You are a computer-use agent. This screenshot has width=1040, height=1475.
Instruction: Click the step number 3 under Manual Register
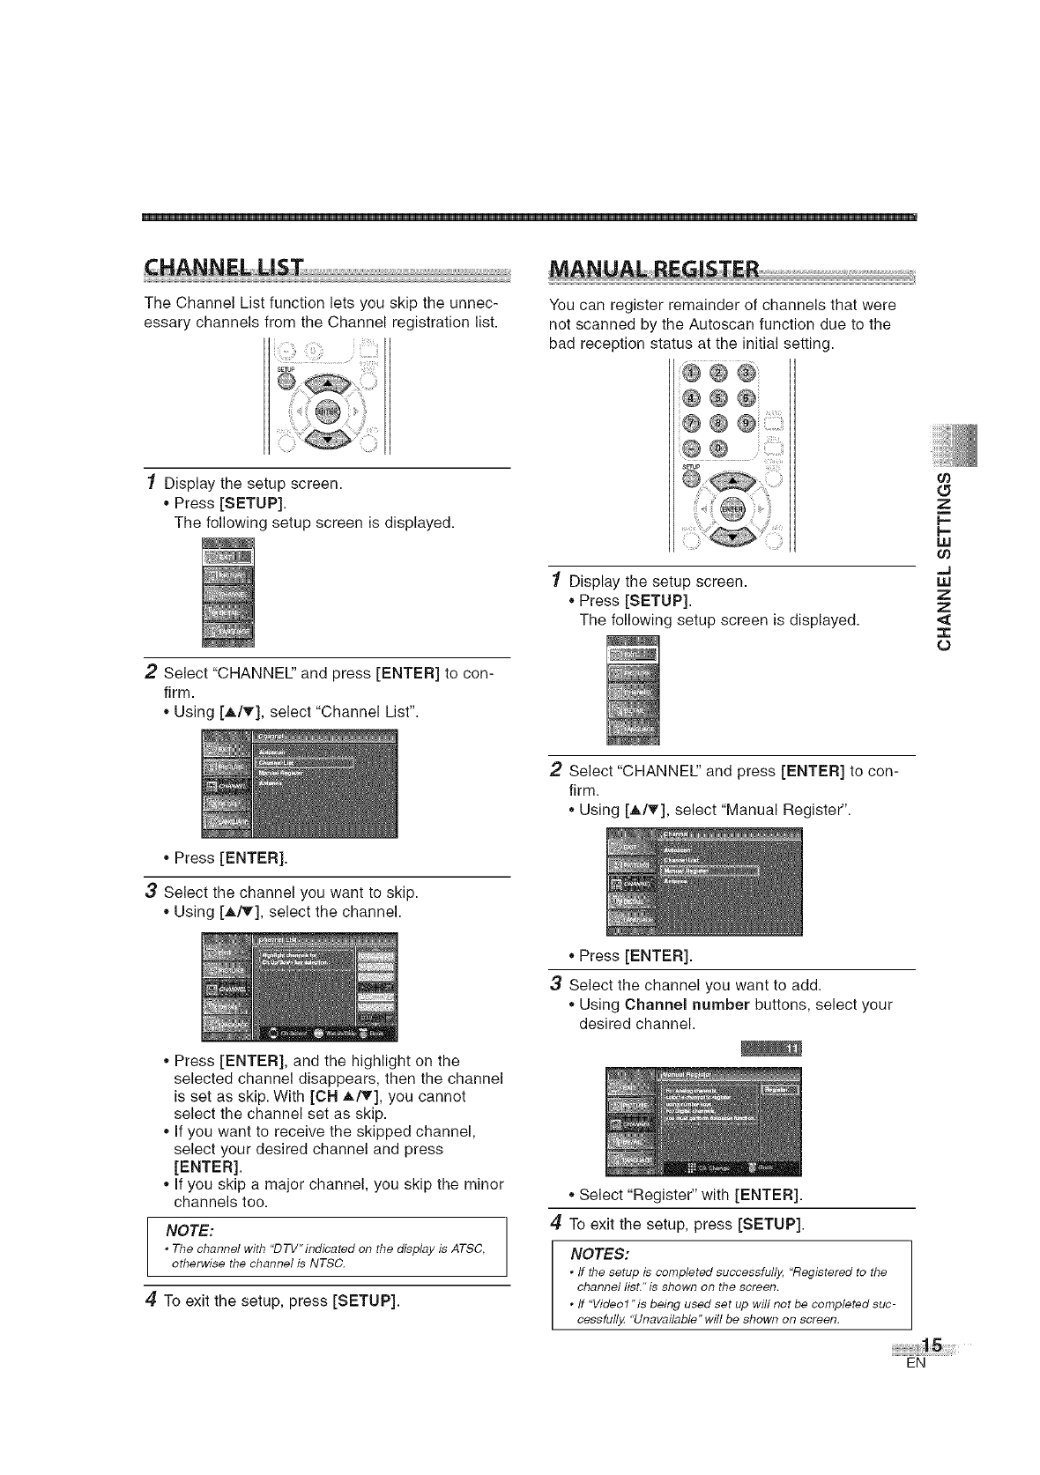click(x=555, y=983)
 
